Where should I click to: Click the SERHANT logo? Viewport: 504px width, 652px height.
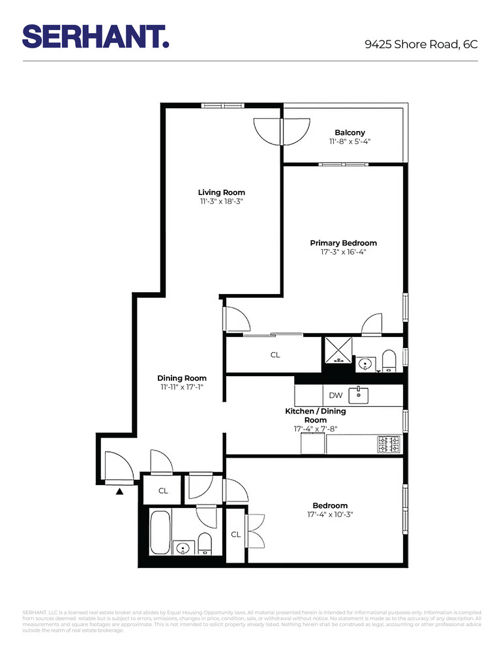coord(96,36)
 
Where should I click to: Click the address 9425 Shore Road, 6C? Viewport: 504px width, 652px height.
coord(421,44)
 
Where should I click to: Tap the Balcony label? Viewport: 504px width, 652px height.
coord(349,132)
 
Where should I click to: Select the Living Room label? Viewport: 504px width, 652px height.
coord(222,192)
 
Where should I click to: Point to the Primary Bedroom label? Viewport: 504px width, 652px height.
coord(343,243)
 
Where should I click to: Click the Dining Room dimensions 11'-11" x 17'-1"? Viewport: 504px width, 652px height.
coord(182,387)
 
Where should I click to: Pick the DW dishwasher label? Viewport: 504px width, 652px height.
coord(335,395)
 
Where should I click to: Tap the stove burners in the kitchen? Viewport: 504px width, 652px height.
coord(389,445)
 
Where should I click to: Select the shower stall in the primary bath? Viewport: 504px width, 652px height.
coord(338,350)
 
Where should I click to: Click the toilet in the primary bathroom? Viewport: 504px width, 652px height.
coord(389,361)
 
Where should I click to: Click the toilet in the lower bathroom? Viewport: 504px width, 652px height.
coord(205,542)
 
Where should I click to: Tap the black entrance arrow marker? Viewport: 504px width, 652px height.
coord(119,490)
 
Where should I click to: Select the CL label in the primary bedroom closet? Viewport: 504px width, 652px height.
coord(275,355)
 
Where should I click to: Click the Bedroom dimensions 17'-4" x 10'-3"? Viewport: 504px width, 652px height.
coord(330,514)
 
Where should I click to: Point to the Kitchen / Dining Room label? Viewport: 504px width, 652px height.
coord(315,416)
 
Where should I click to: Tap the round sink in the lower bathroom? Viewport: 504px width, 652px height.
coord(183,546)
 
